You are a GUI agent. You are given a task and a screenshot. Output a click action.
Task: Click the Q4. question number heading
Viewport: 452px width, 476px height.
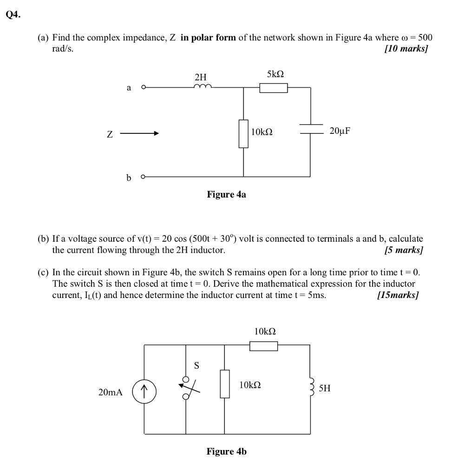point(13,14)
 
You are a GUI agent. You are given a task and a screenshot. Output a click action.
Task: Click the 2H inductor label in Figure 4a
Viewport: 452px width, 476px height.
point(201,77)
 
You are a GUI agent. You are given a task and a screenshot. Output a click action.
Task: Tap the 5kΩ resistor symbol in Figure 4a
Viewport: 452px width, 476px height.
point(274,87)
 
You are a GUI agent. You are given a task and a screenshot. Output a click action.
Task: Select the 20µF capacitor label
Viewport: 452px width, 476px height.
point(340,131)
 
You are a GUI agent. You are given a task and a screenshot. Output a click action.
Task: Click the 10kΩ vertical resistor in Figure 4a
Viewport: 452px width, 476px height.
point(243,133)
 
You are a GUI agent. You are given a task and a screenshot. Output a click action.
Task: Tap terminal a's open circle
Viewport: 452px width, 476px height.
point(144,87)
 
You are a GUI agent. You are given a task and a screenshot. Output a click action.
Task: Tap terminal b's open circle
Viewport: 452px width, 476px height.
point(144,177)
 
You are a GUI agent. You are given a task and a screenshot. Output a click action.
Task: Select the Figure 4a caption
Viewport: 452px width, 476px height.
point(226,194)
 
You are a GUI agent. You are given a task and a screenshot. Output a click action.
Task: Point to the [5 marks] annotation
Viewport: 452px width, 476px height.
point(404,251)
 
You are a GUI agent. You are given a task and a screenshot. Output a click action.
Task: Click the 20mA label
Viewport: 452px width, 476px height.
point(111,393)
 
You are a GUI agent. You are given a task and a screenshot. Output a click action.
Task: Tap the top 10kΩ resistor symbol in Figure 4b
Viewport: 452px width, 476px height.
point(263,346)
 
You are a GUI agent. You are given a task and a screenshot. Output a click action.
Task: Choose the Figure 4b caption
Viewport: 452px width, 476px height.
point(226,451)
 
